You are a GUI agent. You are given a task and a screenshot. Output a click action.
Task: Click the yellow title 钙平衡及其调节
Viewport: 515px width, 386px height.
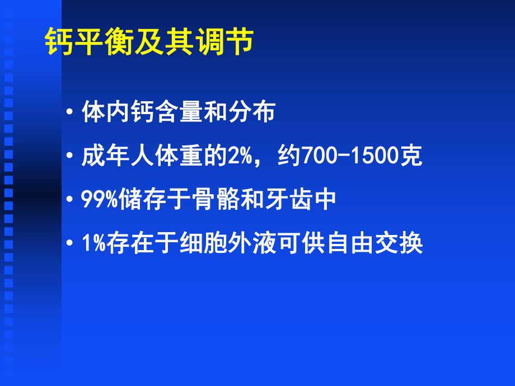coord(149,43)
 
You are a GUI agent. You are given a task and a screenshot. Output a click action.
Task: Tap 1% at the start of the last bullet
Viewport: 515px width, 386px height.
coord(92,244)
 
